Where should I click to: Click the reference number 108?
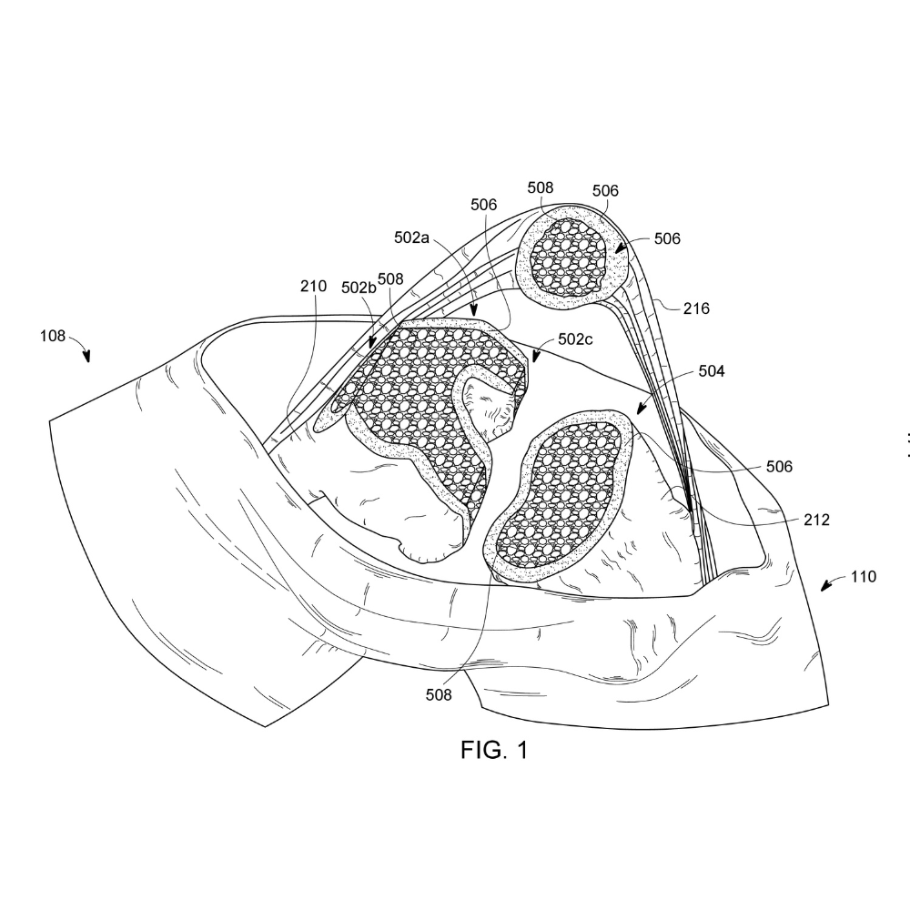(52, 336)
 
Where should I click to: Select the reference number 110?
(863, 576)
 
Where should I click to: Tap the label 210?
(313, 286)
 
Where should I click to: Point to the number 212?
(816, 520)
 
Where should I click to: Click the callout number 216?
(696, 308)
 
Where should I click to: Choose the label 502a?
(411, 238)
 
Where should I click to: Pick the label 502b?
(359, 288)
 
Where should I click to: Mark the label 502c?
(575, 339)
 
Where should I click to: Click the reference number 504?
(712, 371)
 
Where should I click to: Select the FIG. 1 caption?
(494, 750)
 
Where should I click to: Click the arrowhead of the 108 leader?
(87, 357)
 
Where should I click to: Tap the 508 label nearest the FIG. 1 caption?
(439, 694)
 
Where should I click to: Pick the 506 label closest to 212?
(779, 466)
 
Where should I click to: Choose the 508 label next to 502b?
(390, 279)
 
